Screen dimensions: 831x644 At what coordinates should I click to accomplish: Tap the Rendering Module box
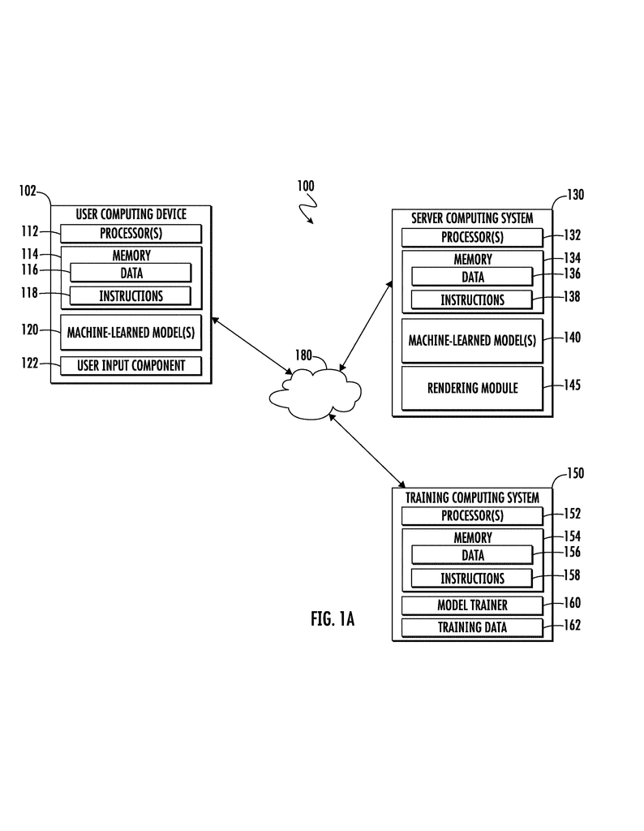(x=472, y=388)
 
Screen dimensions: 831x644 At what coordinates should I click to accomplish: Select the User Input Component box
(x=131, y=365)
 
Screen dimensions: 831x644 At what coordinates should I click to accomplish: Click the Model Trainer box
(x=472, y=605)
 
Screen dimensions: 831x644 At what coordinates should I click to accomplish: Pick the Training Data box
(x=472, y=626)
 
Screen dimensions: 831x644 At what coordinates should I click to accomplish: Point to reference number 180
(x=303, y=355)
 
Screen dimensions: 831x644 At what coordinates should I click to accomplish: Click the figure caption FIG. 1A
(x=333, y=619)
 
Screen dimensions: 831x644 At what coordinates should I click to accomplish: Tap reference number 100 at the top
(x=305, y=186)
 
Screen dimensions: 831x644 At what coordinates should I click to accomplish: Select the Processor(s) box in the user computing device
(x=131, y=234)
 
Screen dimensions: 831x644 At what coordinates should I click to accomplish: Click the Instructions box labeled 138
(x=472, y=299)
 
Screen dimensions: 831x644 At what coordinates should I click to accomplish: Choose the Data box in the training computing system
(x=472, y=555)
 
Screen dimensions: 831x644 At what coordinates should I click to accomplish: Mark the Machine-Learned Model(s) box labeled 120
(x=131, y=331)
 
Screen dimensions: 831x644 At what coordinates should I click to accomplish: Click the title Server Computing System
(x=472, y=217)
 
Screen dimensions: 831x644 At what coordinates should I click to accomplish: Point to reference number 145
(x=573, y=385)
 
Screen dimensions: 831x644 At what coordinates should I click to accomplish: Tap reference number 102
(x=28, y=192)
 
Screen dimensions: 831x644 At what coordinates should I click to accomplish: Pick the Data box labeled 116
(x=131, y=273)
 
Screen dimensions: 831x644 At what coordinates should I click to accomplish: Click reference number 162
(x=572, y=625)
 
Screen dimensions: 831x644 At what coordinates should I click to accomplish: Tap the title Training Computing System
(x=472, y=497)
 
